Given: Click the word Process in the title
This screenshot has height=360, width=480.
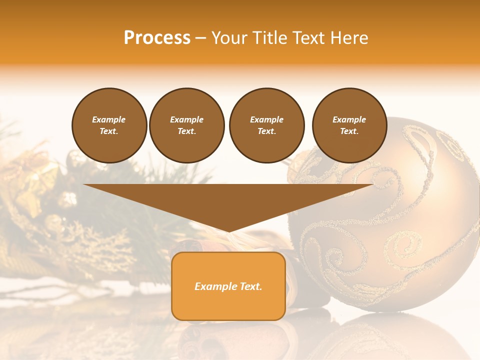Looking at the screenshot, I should [x=157, y=38].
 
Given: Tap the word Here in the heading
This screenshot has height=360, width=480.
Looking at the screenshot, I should [x=348, y=38].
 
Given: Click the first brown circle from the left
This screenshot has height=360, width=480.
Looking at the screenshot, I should [x=109, y=125].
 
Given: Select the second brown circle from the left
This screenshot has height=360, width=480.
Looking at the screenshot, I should [x=186, y=125].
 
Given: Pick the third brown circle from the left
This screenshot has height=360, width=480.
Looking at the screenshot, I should [x=266, y=125].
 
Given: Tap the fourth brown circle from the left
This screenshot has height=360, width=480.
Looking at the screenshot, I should [x=349, y=125].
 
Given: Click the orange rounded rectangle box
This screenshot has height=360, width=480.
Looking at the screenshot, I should [x=228, y=305].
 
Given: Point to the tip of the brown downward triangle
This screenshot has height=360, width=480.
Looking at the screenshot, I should [x=228, y=230].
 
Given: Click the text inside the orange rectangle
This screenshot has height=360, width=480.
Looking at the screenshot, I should [x=228, y=286].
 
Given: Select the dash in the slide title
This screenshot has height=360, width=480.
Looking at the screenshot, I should [x=201, y=38].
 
